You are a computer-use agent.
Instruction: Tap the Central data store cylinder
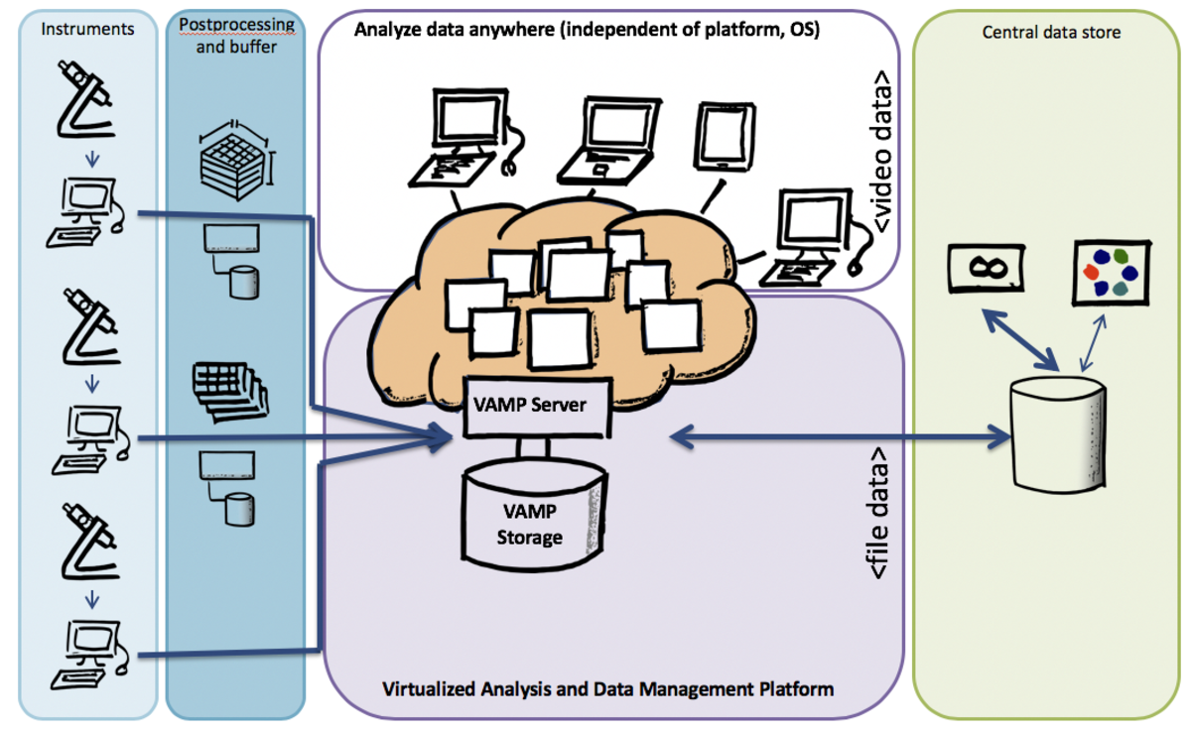tap(1055, 433)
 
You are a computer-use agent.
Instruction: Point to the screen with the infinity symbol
tap(987, 266)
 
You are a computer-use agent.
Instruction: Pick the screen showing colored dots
tap(1112, 272)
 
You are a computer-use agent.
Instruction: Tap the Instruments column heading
tap(87, 29)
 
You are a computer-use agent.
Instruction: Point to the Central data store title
tap(1051, 32)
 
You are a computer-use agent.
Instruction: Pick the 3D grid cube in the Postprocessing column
tap(233, 156)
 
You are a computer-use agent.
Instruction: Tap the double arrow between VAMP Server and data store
tap(840, 434)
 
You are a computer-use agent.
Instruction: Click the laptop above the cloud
tap(606, 140)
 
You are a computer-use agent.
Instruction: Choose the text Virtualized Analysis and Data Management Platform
tap(608, 687)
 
